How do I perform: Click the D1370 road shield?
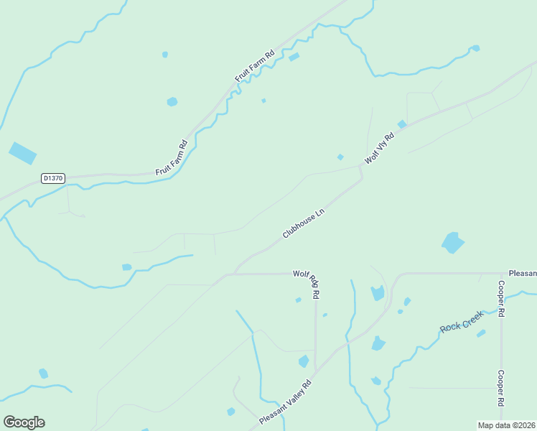coord(53,177)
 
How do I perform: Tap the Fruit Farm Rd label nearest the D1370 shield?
coord(172,157)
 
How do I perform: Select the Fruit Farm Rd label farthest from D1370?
coord(255,65)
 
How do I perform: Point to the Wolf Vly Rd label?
coord(380,148)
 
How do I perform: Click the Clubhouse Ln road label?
coord(304,223)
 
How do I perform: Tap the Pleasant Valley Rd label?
coord(286,402)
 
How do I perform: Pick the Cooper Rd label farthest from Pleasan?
coord(501,389)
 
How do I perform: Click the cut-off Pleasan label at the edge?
coord(522,274)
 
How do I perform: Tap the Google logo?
coord(24,422)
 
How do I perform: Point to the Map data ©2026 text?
coord(506,425)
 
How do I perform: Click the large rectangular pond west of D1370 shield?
coord(22,152)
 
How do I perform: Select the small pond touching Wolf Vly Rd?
coord(402,124)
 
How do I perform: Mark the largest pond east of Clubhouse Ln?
coord(452,243)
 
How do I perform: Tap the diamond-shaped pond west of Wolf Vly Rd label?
coord(340,157)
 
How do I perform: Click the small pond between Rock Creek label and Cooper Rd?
coord(481,333)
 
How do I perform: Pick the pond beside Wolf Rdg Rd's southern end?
coord(304,361)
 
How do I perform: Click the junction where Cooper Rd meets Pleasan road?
coord(501,274)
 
